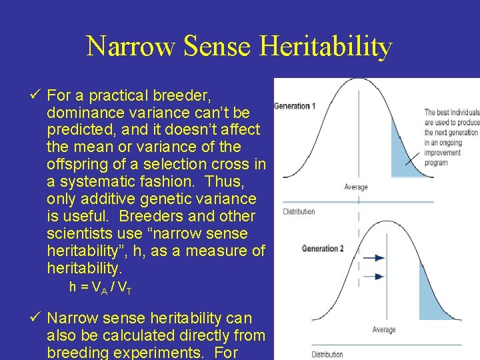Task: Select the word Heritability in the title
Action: point(325,47)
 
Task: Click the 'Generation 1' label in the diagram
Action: point(295,106)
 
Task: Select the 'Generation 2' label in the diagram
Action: point(323,249)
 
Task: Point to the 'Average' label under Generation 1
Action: point(356,187)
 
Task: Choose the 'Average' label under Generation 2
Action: point(383,330)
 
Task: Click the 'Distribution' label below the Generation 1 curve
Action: point(299,212)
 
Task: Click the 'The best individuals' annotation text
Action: point(451,113)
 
